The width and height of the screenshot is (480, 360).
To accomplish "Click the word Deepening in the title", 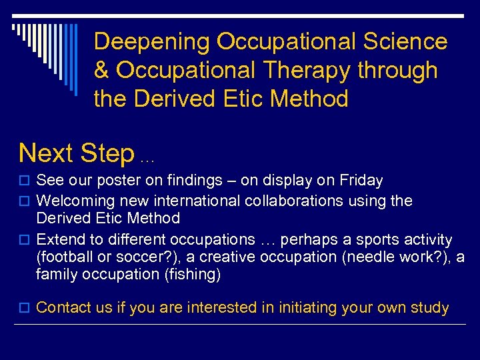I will point(152,42).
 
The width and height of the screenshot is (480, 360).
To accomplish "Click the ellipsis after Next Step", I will point(147,159).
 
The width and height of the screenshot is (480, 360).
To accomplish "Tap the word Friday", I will point(361,181).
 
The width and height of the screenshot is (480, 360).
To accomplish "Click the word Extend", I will point(59,239).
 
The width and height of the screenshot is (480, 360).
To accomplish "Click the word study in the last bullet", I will point(431,308).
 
